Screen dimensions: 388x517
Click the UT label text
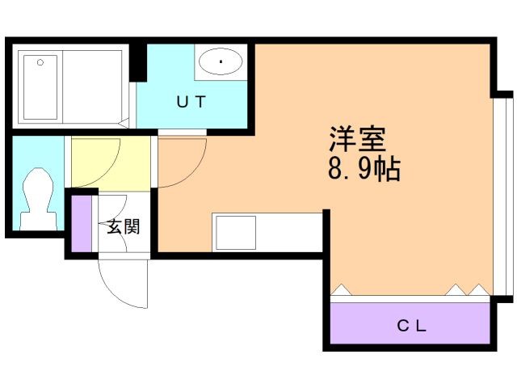click(x=192, y=102)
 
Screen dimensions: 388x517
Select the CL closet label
click(x=410, y=327)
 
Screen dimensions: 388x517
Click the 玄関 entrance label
click(x=124, y=226)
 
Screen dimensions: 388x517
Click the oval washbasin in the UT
click(x=221, y=61)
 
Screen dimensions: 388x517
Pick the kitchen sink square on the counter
click(x=234, y=232)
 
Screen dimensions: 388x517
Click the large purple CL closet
click(x=410, y=322)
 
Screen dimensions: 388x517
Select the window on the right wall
click(x=502, y=194)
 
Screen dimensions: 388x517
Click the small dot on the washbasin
click(x=221, y=61)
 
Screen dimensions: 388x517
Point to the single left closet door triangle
click(x=341, y=288)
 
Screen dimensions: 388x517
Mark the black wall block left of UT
click(x=138, y=61)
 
